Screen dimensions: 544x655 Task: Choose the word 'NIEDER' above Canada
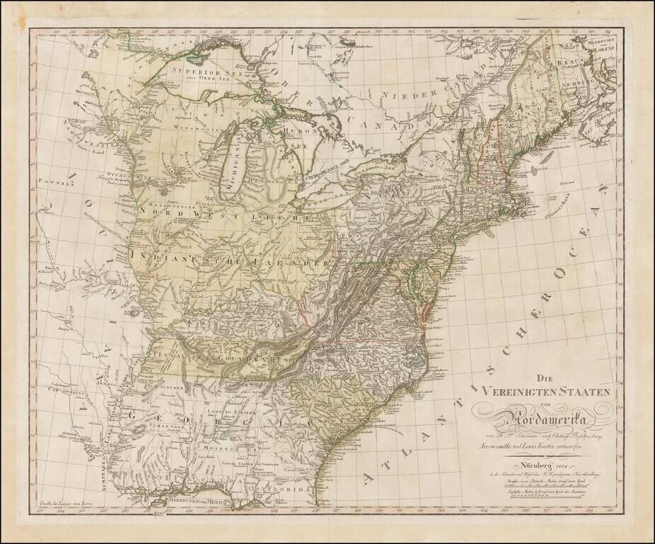tap(404, 94)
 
